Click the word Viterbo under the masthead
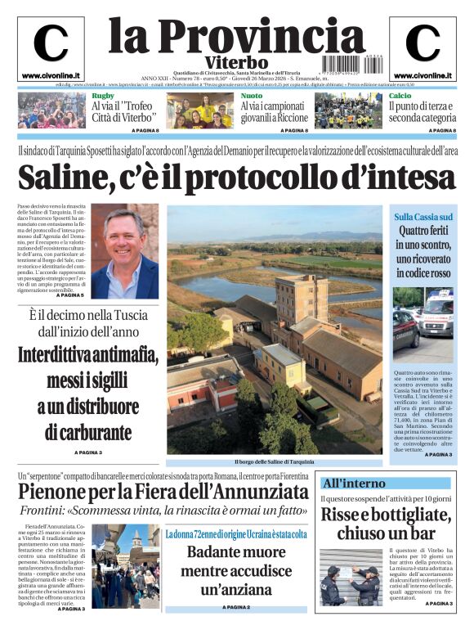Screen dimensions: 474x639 (236, 63)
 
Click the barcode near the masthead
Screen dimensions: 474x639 (345, 62)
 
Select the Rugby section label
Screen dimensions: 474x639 (102, 97)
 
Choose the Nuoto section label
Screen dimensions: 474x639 (251, 97)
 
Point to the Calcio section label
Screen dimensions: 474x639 (400, 97)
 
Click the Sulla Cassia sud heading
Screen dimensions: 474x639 (423, 217)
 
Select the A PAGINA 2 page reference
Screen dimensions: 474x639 (235, 608)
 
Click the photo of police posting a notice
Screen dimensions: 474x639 (351, 578)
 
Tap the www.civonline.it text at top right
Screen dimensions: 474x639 (423, 75)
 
